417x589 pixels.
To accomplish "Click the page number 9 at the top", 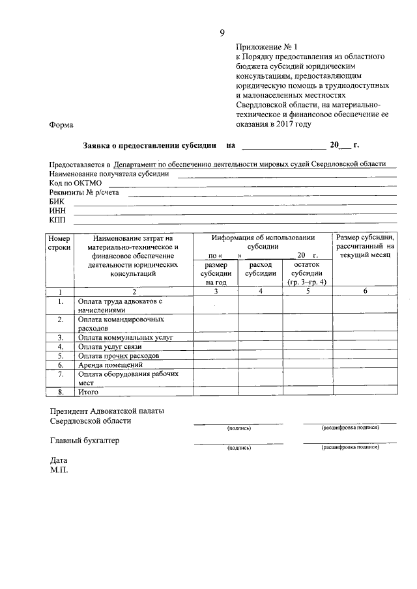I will [222, 33].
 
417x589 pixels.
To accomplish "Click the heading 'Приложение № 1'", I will [266, 48].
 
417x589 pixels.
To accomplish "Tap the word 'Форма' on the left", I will [61, 125].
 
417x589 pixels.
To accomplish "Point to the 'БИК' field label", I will [57, 202].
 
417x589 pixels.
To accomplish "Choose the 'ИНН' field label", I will [57, 211].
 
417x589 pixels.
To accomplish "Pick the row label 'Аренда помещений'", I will [111, 364].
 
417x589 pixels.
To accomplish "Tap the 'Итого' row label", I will [88, 392].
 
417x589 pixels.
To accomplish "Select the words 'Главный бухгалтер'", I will [85, 441].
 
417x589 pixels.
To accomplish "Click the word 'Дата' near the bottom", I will [59, 459].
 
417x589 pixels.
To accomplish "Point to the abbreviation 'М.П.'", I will [59, 469].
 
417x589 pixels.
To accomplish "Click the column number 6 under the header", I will [365, 291].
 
